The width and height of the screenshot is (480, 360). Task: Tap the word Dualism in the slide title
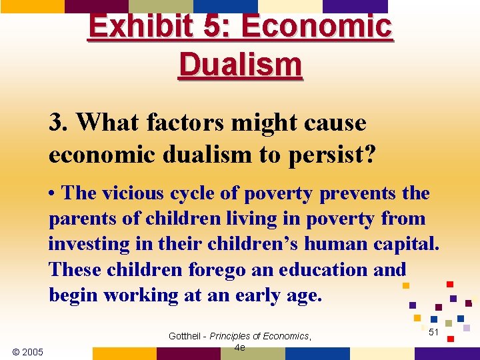click(x=240, y=65)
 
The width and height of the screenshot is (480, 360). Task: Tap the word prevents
click(x=359, y=193)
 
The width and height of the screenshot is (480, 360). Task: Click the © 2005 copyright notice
click(x=28, y=351)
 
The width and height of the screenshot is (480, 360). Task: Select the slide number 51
click(x=433, y=331)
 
